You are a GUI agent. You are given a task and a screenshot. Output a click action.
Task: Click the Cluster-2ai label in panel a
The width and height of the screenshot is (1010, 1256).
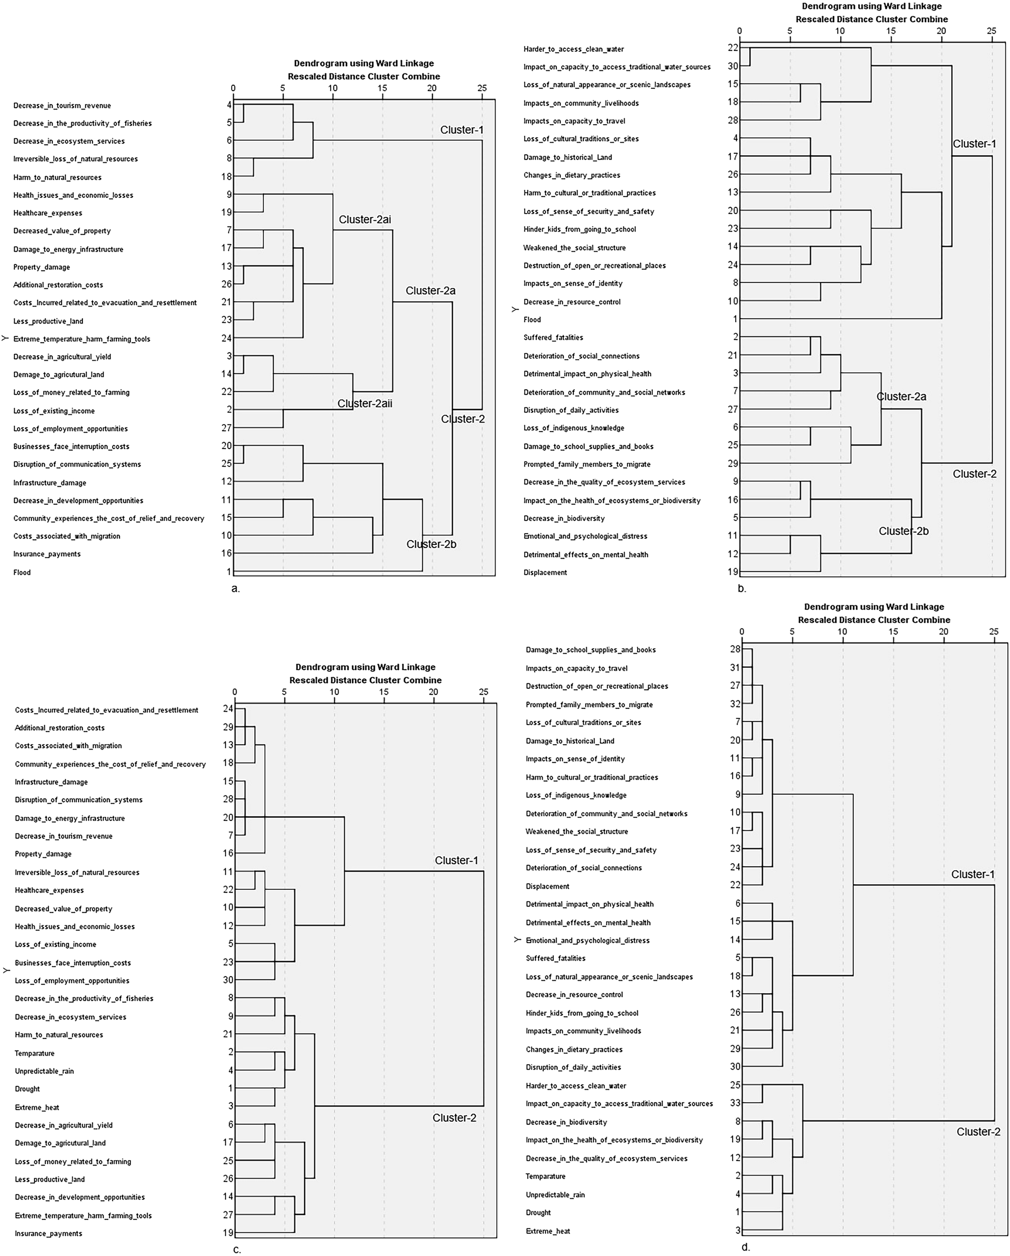(x=365, y=220)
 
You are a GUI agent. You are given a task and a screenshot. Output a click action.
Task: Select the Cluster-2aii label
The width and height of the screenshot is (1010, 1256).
(x=365, y=403)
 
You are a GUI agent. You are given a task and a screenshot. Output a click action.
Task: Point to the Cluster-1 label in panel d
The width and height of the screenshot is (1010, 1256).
(x=973, y=874)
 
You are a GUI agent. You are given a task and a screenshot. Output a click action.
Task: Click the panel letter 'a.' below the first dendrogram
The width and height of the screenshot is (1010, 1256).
(x=236, y=588)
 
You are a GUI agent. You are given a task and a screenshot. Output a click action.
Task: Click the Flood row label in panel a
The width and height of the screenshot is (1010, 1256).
(x=22, y=572)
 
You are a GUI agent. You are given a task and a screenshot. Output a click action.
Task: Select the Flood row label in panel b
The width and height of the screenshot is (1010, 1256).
(x=532, y=319)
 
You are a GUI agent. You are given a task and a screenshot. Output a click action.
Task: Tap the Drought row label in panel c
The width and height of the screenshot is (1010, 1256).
(x=28, y=1089)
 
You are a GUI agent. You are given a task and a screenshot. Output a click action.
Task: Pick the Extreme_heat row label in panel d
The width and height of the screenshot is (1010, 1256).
(x=548, y=1231)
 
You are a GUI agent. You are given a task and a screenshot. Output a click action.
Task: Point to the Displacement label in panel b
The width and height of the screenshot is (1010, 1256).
(x=545, y=572)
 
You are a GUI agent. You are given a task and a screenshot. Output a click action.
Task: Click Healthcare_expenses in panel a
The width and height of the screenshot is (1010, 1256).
(x=48, y=213)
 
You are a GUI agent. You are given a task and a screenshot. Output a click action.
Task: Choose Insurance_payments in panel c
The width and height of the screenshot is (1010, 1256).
(x=48, y=1233)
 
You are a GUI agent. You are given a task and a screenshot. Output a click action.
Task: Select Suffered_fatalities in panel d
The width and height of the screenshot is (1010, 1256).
(x=555, y=958)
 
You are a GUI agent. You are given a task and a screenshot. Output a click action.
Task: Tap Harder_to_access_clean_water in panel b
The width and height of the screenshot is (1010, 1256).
(x=573, y=49)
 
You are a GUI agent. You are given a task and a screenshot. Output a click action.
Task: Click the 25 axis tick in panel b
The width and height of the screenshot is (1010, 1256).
(x=991, y=31)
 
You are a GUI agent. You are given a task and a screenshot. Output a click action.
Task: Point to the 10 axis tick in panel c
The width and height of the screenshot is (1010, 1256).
(x=334, y=691)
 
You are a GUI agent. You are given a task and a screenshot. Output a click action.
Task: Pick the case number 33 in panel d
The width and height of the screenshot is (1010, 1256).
(x=735, y=1103)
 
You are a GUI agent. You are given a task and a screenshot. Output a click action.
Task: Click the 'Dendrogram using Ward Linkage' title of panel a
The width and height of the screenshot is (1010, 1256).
(x=364, y=63)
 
